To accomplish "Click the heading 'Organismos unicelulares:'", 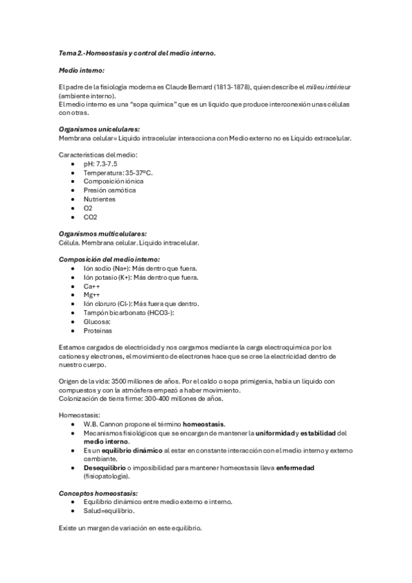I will coord(100,129).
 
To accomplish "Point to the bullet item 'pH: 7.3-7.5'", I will coord(100,164).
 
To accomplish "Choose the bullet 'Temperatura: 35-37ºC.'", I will coord(118,173).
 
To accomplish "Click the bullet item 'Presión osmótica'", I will coord(109,190).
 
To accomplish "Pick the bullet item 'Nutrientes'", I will coord(100,199).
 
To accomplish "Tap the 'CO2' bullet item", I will coord(90,217).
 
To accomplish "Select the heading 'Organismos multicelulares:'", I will coord(103,234).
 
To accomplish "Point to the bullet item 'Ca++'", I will coord(92,286).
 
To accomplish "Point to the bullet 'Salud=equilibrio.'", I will coord(109,511).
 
